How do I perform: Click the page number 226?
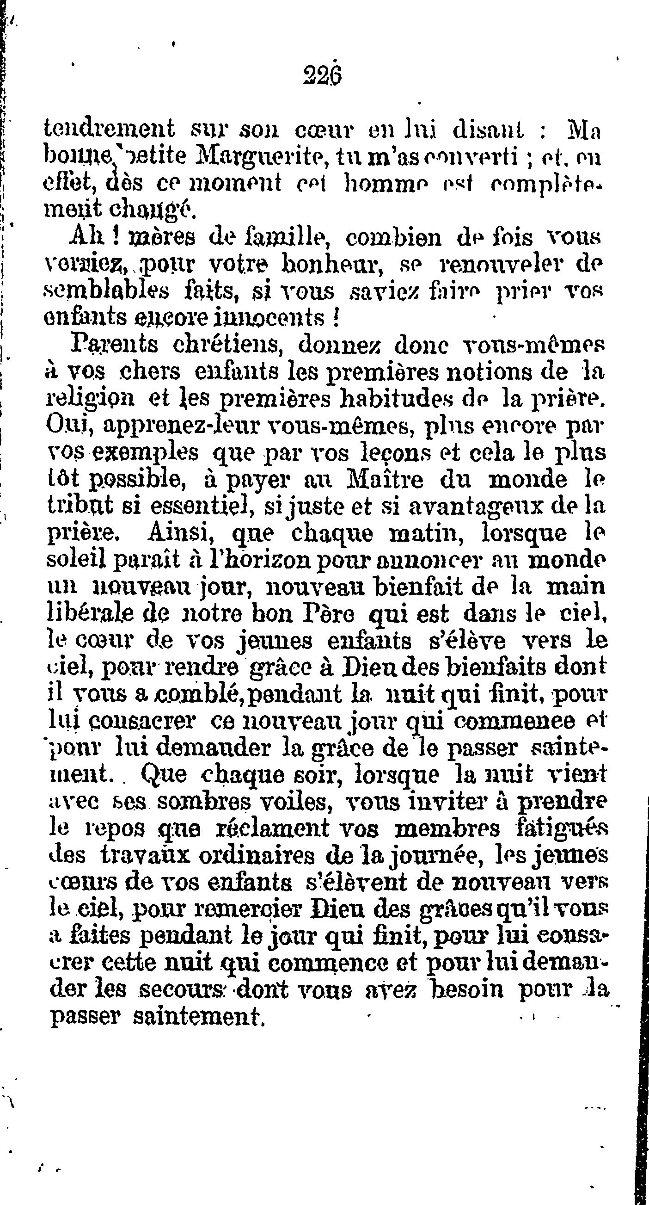323,74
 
